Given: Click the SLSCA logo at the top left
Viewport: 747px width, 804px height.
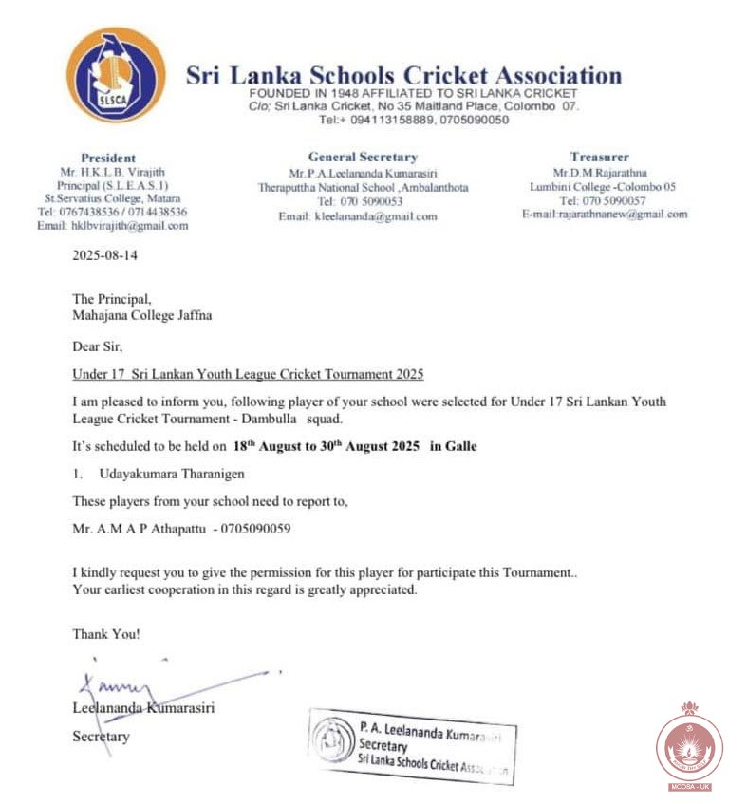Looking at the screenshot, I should [115, 74].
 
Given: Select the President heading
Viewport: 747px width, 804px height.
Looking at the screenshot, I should [108, 158].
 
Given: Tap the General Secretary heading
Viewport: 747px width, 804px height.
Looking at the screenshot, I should [363, 157].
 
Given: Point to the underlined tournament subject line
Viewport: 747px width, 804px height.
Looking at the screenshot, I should [248, 374].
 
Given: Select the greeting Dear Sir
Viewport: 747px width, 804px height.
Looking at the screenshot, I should [97, 346].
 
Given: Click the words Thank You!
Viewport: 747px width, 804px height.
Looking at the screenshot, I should [105, 633].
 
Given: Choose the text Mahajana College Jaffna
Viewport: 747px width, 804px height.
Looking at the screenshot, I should [142, 315].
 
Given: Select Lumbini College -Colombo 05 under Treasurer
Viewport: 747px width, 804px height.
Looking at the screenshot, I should [603, 187].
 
